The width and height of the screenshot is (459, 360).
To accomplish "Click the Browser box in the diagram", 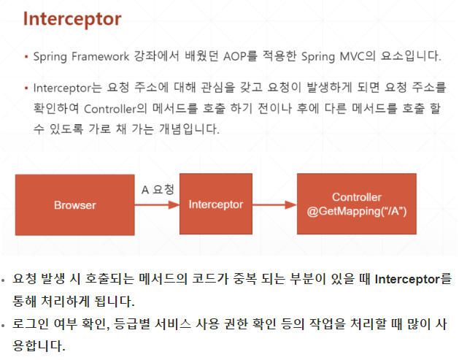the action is click(x=74, y=205).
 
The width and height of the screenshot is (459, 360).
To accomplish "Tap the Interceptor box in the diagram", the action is click(x=215, y=204).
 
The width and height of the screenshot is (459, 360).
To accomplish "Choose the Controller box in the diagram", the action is click(x=357, y=204).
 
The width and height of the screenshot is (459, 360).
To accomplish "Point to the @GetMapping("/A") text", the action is click(x=357, y=211).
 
